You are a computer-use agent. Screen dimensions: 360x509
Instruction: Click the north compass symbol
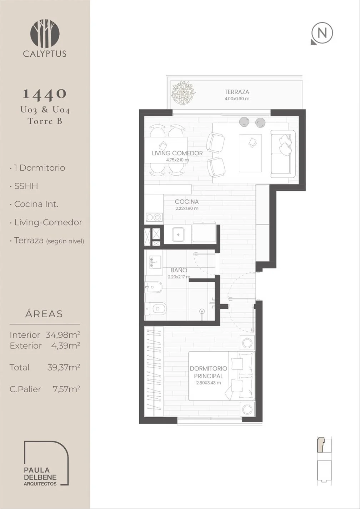322,33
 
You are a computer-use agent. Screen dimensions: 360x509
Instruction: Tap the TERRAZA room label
237,92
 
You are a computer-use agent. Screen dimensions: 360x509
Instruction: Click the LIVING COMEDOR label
177,153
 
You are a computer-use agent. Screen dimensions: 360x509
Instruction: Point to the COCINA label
187,202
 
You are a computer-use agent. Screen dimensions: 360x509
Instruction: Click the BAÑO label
179,270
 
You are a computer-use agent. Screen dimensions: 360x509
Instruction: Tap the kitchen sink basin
178,234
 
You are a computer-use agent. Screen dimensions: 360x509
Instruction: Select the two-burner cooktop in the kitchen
154,217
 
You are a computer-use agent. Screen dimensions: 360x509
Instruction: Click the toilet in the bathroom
156,308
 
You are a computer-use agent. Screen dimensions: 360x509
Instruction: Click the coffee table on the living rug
250,153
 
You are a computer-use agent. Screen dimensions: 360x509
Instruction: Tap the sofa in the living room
282,154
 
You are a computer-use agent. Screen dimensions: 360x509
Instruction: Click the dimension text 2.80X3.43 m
209,383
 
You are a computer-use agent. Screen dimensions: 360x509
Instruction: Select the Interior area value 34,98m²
63,335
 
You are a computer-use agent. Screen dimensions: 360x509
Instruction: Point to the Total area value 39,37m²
64,367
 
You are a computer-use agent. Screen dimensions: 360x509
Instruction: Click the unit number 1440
45,94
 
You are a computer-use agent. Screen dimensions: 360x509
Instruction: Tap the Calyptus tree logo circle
45,34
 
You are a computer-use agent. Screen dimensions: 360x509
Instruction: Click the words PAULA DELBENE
40,474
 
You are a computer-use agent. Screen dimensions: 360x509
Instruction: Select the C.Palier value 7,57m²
66,389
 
